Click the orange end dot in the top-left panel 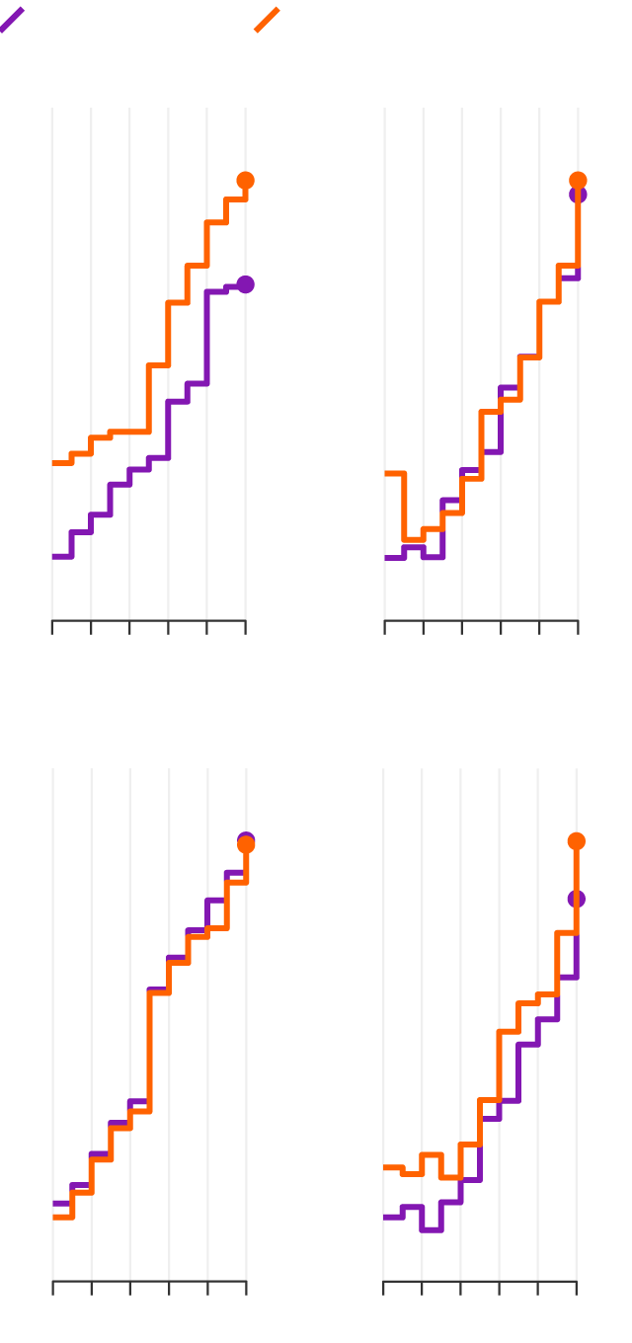coord(246,181)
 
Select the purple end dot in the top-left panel coord(246,284)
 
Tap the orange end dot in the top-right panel coord(578,181)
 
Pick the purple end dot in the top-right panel coord(578,195)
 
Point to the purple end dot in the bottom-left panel coord(246,840)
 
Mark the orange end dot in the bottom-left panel coord(246,845)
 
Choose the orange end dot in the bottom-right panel coord(577,841)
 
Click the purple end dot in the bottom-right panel coord(577,899)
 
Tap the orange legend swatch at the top coord(267,20)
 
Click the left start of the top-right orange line coord(385,474)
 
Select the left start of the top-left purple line coord(52,557)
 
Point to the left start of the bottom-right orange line coord(384,1167)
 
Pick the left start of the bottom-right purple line coord(384,1217)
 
